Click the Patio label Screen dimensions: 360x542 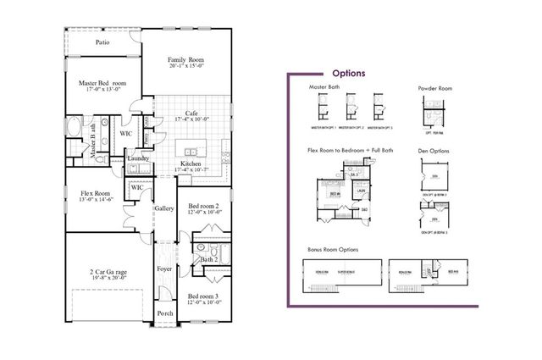pos(102,42)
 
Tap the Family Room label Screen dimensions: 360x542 pos(185,60)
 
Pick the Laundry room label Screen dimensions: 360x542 pos(138,158)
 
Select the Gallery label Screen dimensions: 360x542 pos(163,208)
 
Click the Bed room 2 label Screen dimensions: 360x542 pos(204,206)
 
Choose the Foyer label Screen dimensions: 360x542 pos(164,270)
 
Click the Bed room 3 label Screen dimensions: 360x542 pos(204,296)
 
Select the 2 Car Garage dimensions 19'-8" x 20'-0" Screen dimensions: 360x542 pos(108,276)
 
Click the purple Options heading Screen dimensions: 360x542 pos(348,74)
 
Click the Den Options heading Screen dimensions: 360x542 pos(434,152)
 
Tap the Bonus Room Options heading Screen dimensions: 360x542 pos(333,251)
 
